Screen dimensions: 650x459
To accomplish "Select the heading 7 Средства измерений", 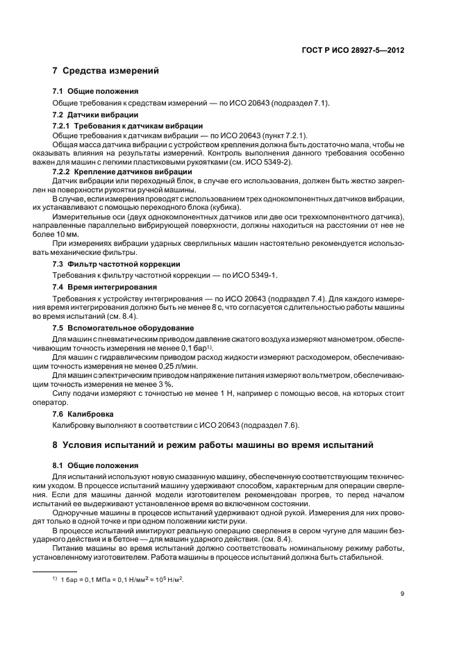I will [x=106, y=72].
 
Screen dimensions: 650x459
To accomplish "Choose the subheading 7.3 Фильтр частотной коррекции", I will [x=117, y=265].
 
